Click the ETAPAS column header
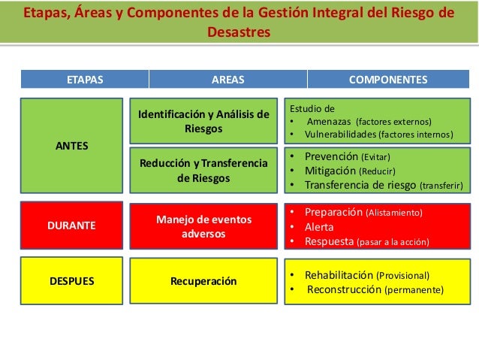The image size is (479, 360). pyautogui.click(x=85, y=79)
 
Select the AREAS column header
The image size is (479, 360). pyautogui.click(x=228, y=79)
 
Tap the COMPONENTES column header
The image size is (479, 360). pyautogui.click(x=388, y=79)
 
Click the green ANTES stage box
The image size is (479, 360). pyautogui.click(x=72, y=145)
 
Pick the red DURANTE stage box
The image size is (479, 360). pyautogui.click(x=72, y=225)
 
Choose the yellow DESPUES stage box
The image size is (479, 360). pyautogui.click(x=72, y=280)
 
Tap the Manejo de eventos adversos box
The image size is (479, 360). pyautogui.click(x=203, y=226)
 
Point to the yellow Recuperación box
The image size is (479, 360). pyautogui.click(x=203, y=281)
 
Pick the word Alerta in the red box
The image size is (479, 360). pyautogui.click(x=319, y=227)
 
